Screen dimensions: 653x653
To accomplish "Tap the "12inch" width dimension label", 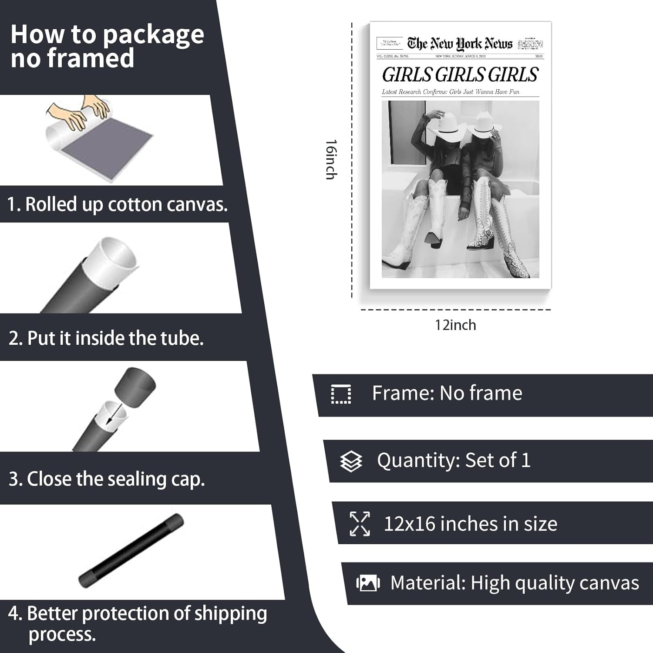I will [455, 325].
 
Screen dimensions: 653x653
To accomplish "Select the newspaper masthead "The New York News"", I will [460, 44].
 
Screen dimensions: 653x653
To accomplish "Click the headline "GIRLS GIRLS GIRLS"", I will [460, 75].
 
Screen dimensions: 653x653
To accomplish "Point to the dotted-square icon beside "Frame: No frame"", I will [341, 394].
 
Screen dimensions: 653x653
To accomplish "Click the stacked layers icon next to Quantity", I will [351, 461].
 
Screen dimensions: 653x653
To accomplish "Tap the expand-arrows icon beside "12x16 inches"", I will [360, 524].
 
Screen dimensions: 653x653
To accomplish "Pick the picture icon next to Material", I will [368, 583].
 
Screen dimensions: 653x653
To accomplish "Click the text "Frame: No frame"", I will [447, 393].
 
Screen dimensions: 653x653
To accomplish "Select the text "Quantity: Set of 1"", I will [454, 460].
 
